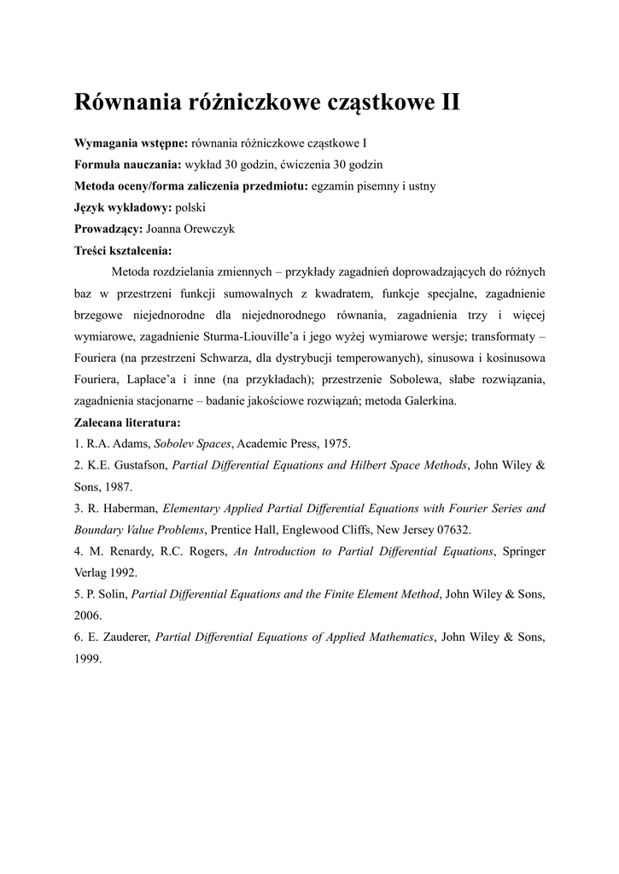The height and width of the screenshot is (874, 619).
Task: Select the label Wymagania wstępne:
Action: point(131,141)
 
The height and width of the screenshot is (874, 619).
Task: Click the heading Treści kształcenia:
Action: point(124,251)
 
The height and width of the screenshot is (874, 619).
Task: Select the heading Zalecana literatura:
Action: point(127,422)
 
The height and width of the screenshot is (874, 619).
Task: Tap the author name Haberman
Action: point(128,509)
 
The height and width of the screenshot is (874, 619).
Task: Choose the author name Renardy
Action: point(130,551)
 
